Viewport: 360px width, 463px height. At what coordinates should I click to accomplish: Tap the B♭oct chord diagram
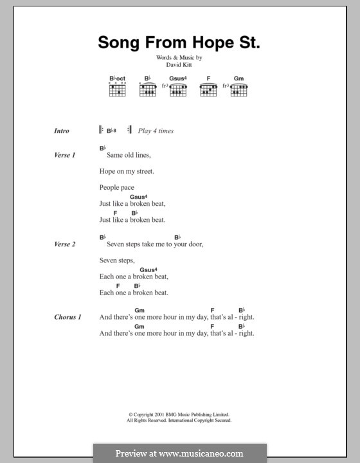tap(118, 90)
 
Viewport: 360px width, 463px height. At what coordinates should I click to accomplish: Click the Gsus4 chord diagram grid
tap(178, 91)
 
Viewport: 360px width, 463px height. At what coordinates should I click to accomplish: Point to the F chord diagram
tap(207, 91)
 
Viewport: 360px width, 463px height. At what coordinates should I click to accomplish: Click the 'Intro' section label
tap(62, 131)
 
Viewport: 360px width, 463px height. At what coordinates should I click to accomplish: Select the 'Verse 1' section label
tap(66, 155)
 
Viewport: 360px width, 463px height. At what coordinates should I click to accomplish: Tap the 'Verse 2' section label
tap(66, 244)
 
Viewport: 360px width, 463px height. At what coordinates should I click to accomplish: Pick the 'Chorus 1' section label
tap(67, 317)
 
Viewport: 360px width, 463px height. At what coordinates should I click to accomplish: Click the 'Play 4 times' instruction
tap(156, 131)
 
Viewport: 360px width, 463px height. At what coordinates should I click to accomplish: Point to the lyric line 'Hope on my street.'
tap(127, 171)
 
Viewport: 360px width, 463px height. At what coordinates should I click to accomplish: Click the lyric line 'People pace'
tap(117, 187)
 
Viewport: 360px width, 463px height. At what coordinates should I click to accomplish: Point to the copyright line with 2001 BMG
tap(179, 415)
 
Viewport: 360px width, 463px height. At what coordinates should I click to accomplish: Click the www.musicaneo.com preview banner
tap(179, 453)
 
